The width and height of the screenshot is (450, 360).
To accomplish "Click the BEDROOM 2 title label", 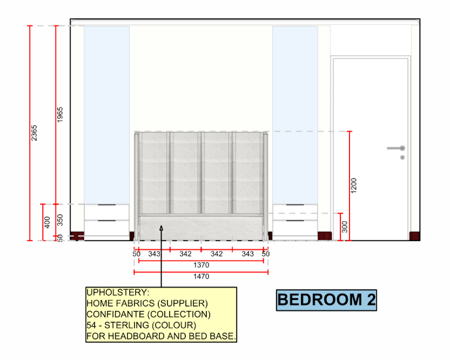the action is click(326, 300).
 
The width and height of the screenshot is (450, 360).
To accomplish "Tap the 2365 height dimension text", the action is click(34, 133).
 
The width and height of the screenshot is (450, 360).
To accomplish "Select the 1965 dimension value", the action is click(60, 115).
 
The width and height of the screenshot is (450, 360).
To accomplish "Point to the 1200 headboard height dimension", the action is click(354, 185).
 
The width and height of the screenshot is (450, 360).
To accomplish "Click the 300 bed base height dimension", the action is click(344, 227).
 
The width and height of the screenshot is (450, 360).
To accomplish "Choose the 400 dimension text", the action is click(47, 222).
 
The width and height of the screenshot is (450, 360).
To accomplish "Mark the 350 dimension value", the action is click(60, 220).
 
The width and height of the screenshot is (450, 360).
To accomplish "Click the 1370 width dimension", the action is click(201, 265).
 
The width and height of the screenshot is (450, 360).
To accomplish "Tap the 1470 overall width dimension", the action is click(201, 277).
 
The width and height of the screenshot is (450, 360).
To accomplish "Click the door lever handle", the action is click(396, 148).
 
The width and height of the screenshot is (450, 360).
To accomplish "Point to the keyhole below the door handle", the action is click(402, 157).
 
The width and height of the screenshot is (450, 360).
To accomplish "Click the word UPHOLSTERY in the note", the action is click(118, 292).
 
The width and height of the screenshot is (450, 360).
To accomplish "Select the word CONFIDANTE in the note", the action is click(116, 315).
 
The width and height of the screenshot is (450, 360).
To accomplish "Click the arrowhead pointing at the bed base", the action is click(161, 228).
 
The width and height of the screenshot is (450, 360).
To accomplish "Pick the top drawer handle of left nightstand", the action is click(107, 205).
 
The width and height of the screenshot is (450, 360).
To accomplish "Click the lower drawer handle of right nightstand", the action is click(295, 221).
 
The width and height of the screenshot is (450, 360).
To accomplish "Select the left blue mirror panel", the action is click(107, 115).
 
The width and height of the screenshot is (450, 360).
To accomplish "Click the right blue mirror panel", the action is click(295, 115).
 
